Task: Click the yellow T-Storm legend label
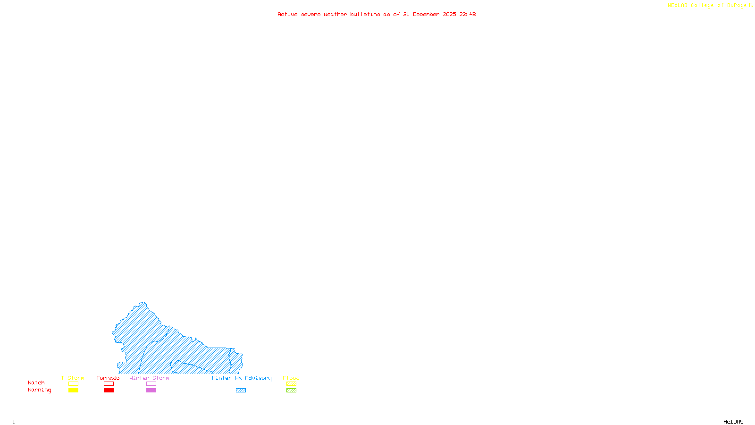[x=73, y=378]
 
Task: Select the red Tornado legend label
[x=108, y=378]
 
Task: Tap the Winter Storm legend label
[x=149, y=378]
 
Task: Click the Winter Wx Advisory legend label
[x=242, y=378]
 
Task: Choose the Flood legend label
[x=291, y=378]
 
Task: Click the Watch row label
[x=36, y=382]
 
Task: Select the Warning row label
[x=40, y=390]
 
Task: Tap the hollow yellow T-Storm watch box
[x=73, y=384]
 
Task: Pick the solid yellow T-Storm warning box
[x=73, y=391]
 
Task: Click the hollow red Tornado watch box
[x=109, y=384]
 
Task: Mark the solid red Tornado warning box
[x=109, y=391]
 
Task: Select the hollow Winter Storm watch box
[x=151, y=384]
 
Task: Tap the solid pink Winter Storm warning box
[x=151, y=391]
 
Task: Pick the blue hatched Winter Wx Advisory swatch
[x=241, y=391]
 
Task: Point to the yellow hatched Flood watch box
[x=291, y=384]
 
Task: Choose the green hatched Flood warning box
[x=291, y=391]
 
